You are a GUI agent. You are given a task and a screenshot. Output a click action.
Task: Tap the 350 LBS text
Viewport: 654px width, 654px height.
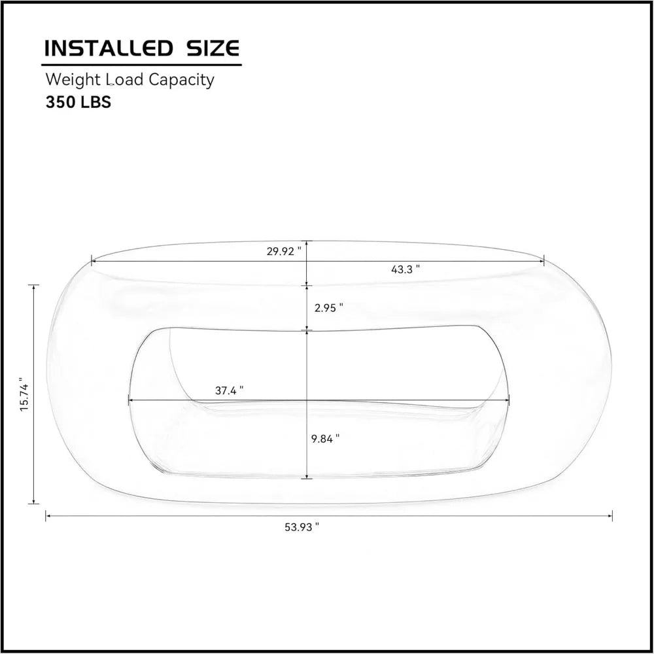coord(78,103)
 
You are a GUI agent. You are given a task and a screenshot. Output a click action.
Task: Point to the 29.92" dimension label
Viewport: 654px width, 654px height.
coord(283,251)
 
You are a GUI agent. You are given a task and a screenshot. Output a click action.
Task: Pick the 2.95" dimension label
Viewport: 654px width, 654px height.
coord(329,307)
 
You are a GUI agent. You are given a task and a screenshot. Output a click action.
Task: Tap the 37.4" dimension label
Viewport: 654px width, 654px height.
coord(230,390)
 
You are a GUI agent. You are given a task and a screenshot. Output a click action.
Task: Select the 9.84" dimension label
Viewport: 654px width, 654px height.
coord(326,439)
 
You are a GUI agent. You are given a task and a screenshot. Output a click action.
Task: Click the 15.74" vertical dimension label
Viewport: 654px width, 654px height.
coord(24,394)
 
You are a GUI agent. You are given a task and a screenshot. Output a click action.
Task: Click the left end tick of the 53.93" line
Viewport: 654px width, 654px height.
coord(46,515)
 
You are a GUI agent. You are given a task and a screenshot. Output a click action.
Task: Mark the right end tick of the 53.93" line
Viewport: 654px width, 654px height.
coord(612,515)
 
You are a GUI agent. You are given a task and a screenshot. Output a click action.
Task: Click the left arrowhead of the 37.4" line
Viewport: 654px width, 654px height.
coord(130,400)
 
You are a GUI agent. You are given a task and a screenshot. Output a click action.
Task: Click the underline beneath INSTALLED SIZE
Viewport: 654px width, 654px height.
coord(141,65)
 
